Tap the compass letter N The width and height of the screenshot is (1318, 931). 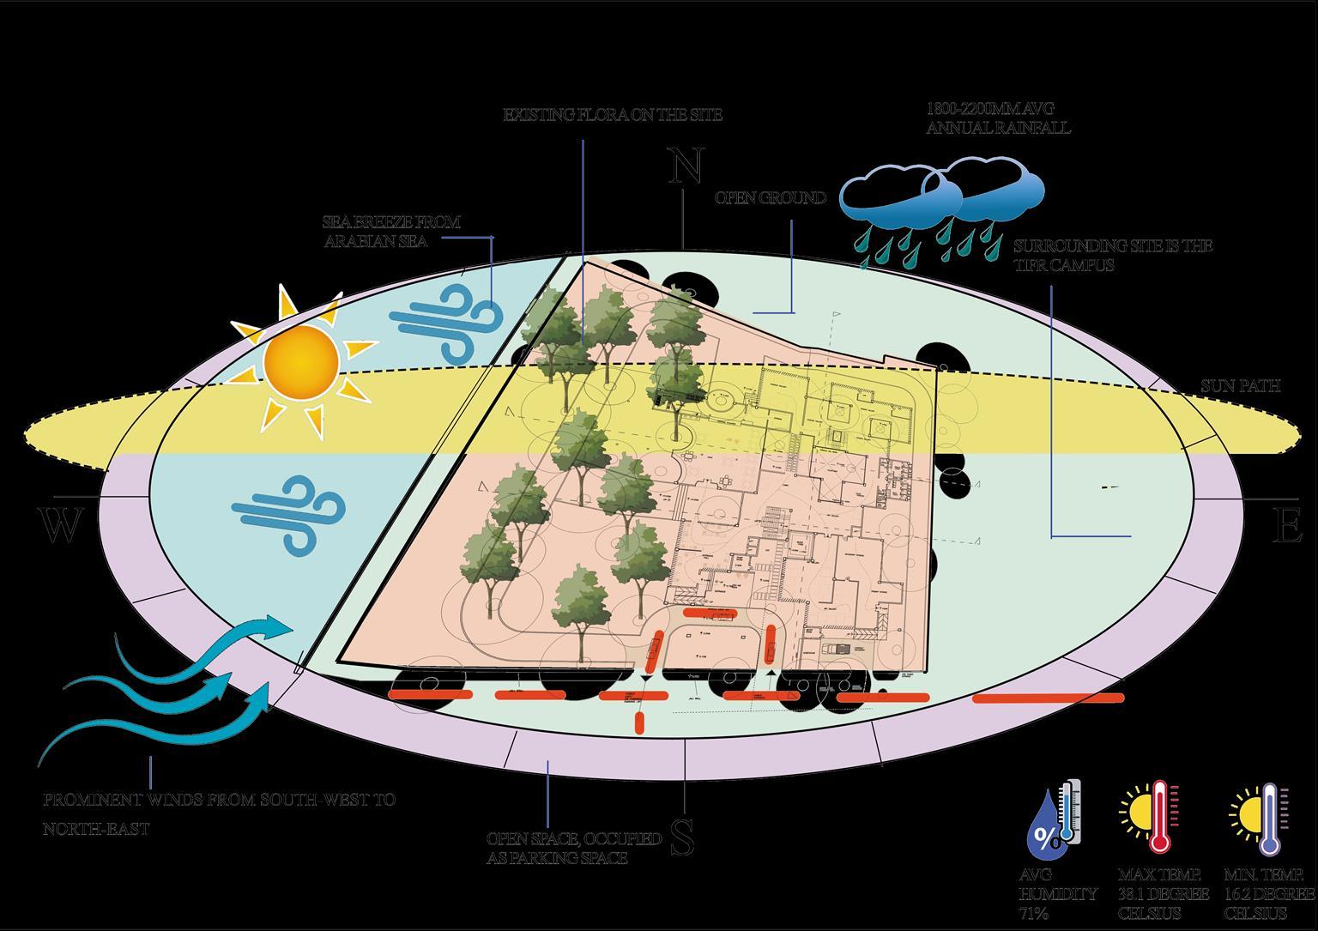pos(686,166)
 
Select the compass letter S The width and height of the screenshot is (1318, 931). pos(682,837)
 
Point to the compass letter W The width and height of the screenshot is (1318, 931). pos(60,527)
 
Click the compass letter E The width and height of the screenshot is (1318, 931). pos(1285,527)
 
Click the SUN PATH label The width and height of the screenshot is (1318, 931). pos(1240,387)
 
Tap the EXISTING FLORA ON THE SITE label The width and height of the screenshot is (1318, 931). pos(613,115)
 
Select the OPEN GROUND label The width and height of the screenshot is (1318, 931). pos(771,198)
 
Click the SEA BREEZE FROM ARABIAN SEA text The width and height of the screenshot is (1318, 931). pos(391,232)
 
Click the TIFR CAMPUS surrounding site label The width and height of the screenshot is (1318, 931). pos(1112,256)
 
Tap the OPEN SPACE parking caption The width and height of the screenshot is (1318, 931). pos(573,848)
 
